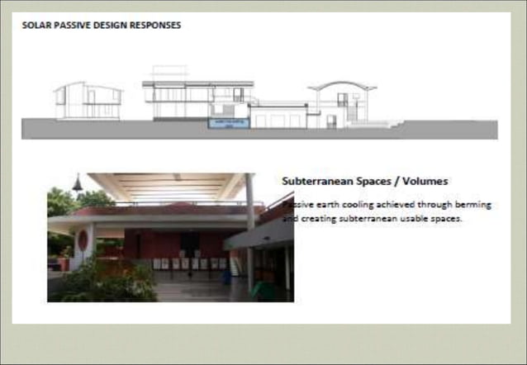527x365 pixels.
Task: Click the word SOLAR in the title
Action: click(x=36, y=25)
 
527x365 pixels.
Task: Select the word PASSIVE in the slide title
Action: click(x=70, y=25)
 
